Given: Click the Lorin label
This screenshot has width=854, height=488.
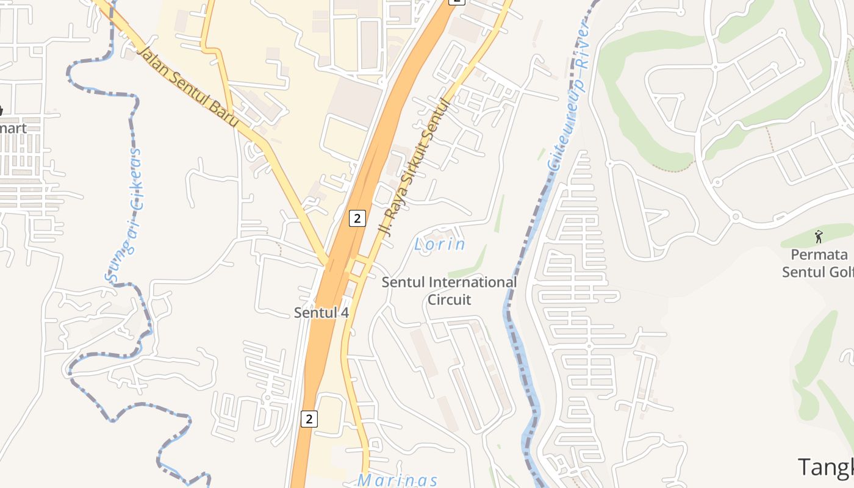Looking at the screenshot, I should tap(439, 245).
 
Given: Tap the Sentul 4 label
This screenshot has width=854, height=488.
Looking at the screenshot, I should tap(321, 313).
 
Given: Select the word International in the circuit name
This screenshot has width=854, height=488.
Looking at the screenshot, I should tap(473, 282).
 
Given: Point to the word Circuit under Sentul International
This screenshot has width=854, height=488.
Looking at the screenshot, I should tap(449, 300).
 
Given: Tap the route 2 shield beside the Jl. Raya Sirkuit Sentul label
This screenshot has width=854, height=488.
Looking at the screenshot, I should tap(357, 218).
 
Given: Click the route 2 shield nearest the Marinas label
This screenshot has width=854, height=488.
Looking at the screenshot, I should tap(309, 419).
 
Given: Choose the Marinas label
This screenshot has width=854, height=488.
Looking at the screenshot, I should tap(397, 480).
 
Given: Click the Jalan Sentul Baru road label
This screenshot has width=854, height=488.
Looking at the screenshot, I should tap(187, 85).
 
